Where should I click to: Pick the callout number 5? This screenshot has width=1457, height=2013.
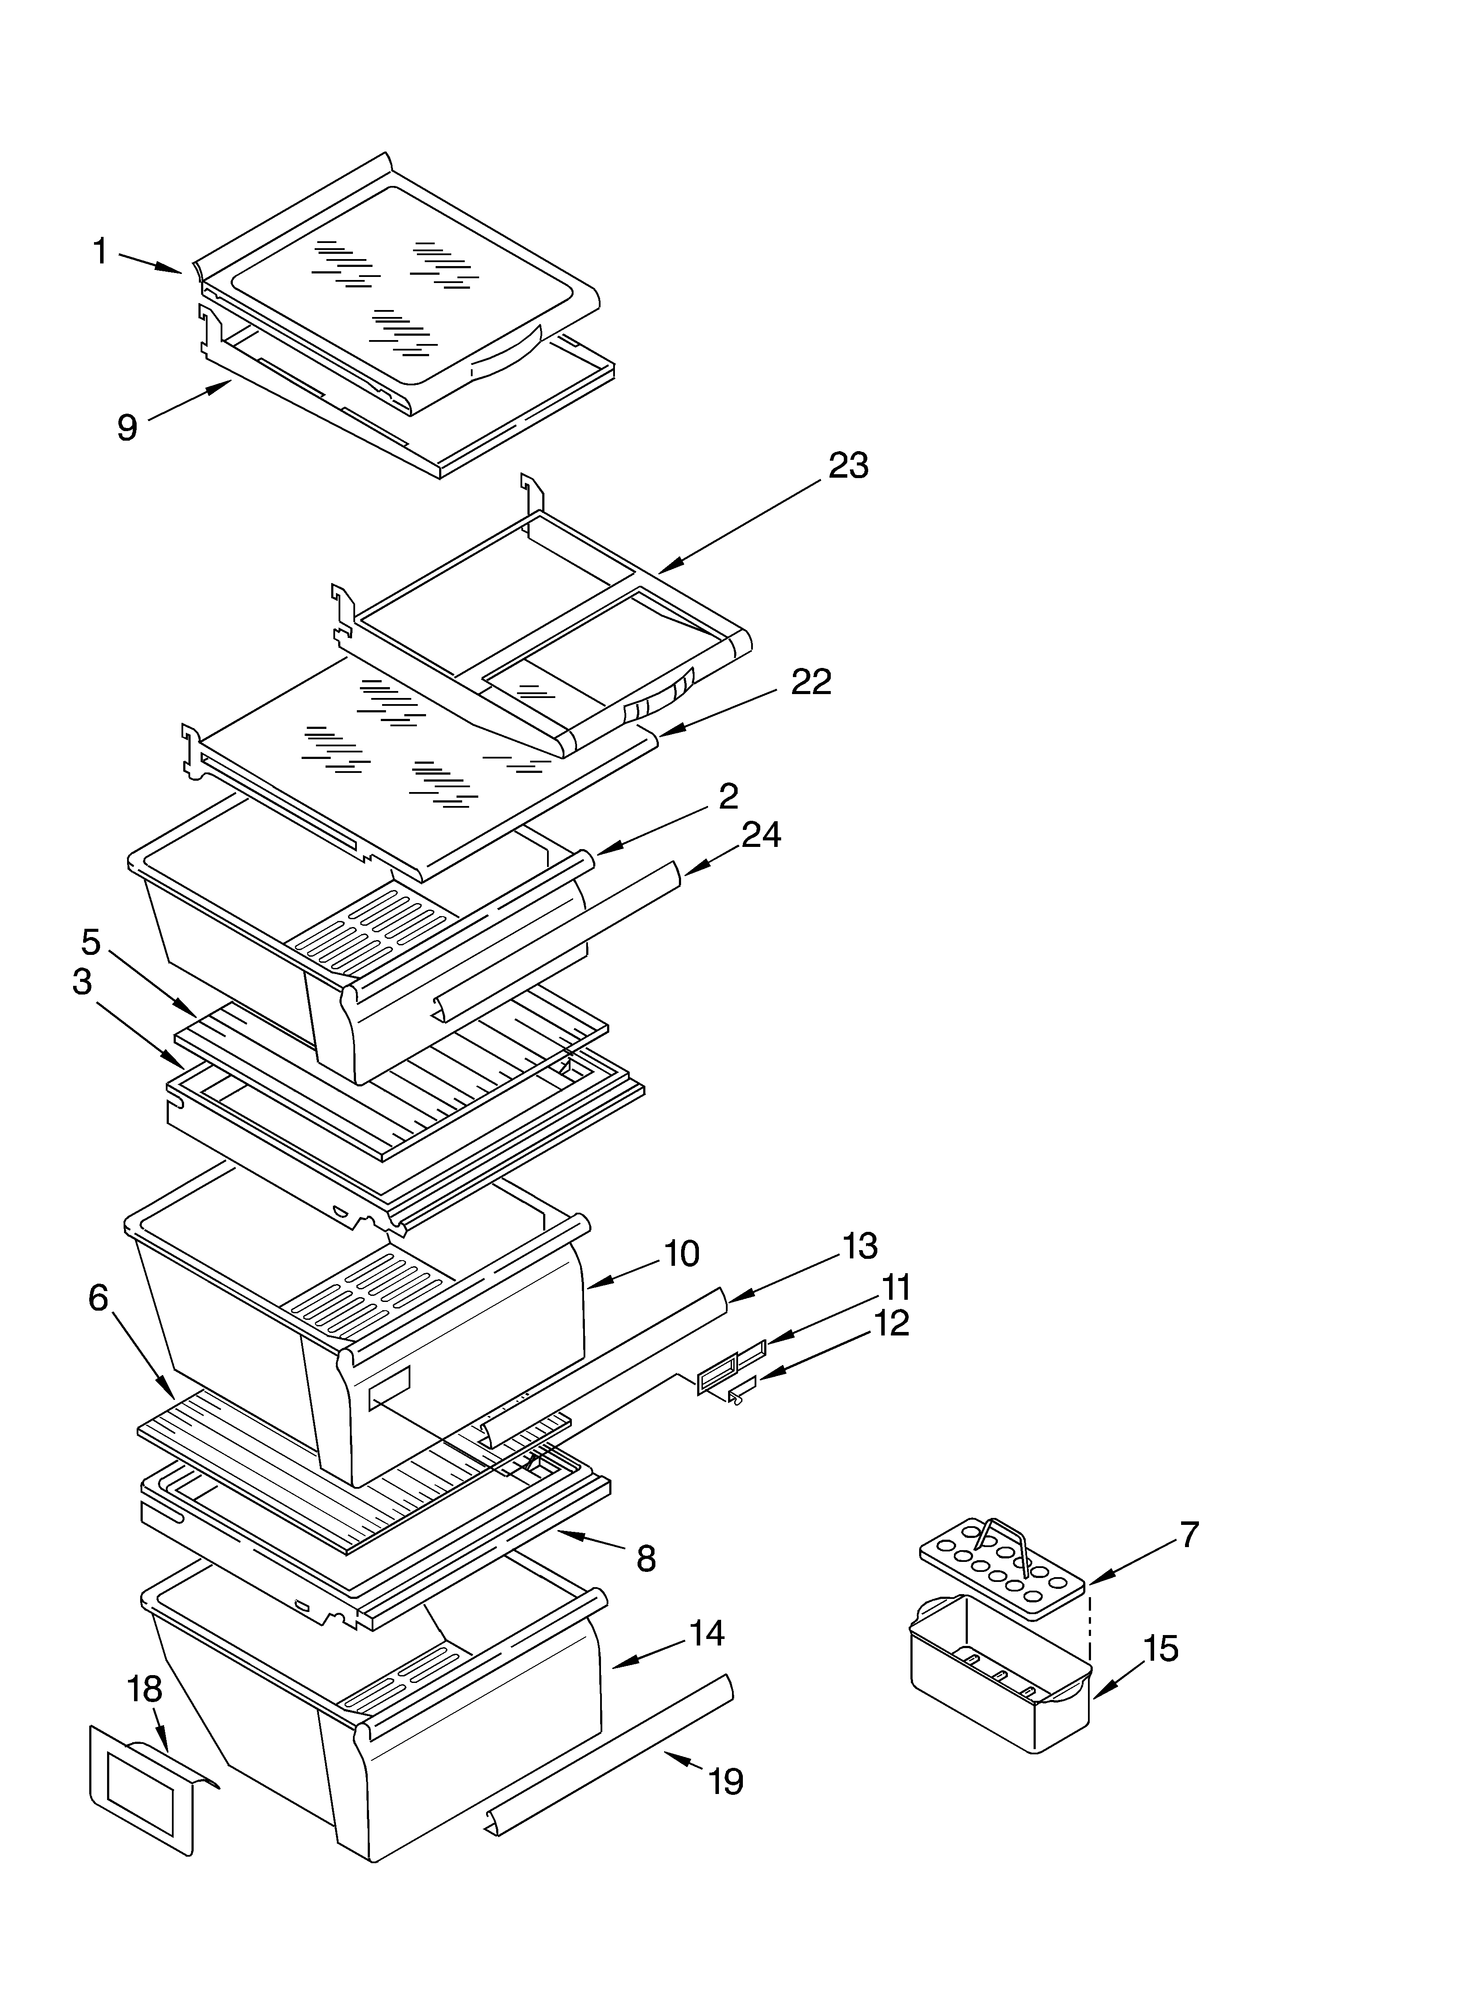pyautogui.click(x=91, y=942)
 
